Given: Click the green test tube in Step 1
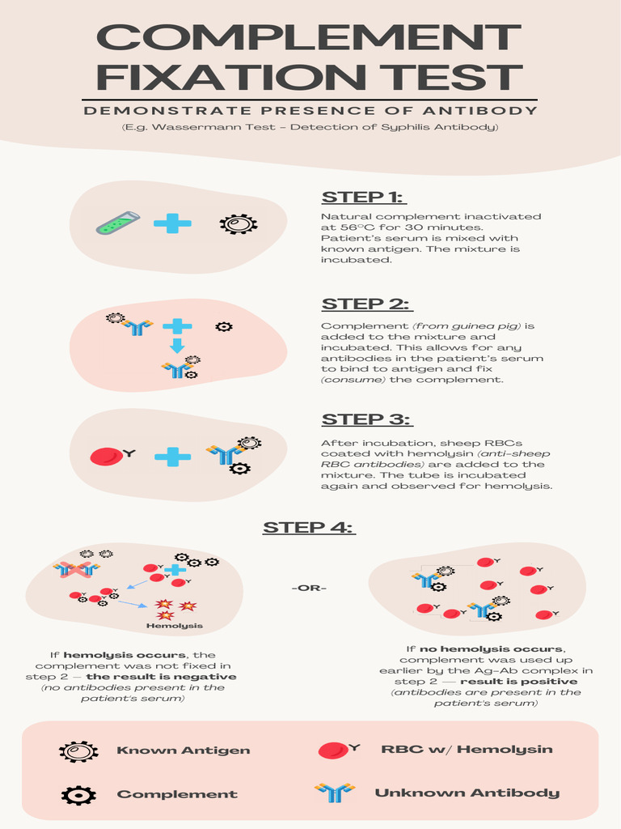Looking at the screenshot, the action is [x=118, y=223].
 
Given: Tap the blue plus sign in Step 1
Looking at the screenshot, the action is [x=172, y=223].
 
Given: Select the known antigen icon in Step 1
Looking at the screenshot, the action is [x=239, y=224].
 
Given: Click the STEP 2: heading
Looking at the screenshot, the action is [x=367, y=304].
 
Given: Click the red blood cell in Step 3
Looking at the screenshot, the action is [x=106, y=457].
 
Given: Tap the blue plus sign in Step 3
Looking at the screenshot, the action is [x=172, y=457].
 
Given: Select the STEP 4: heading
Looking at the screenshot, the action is [x=309, y=528].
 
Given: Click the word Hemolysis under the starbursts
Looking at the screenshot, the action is [x=175, y=626].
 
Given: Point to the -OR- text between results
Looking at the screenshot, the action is [x=309, y=587].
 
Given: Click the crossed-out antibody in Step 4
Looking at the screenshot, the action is [x=76, y=569].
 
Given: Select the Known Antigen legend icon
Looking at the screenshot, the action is [x=78, y=750].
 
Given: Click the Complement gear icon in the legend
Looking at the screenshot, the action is [x=78, y=794].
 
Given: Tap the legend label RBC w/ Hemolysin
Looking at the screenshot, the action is [x=467, y=749].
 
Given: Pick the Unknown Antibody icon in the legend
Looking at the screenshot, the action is [x=334, y=793].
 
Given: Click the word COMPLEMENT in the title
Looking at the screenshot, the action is [x=309, y=38].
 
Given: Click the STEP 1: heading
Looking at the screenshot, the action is [x=364, y=197].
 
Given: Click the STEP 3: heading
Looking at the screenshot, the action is [x=367, y=419].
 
